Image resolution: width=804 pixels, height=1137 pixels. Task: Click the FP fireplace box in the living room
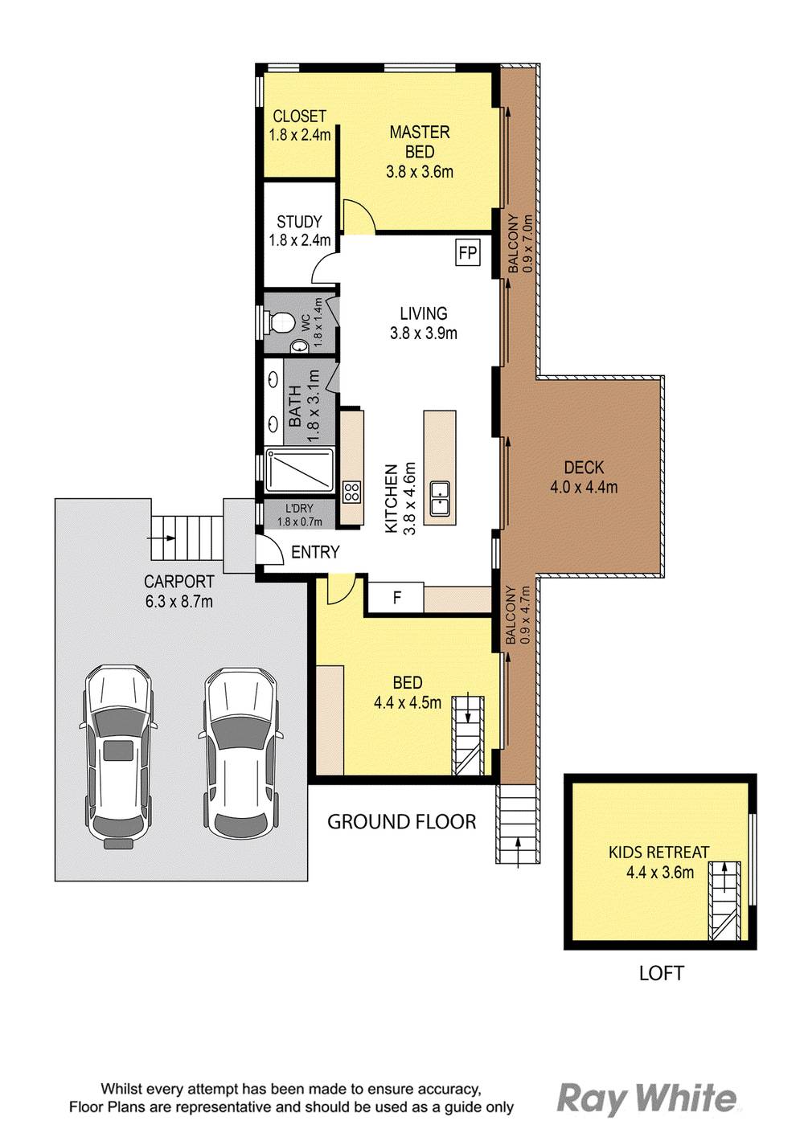click(x=467, y=253)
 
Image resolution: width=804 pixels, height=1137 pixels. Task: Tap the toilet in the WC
click(x=281, y=322)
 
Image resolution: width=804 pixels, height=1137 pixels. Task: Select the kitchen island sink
click(x=440, y=498)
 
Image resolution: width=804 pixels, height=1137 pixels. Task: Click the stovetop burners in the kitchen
click(x=351, y=492)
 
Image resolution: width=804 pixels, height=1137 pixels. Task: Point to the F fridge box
click(x=396, y=598)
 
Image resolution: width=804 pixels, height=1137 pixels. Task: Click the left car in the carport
click(x=118, y=756)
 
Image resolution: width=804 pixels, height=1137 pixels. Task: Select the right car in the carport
click(x=240, y=756)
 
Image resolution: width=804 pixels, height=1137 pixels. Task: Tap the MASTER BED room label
click(x=419, y=142)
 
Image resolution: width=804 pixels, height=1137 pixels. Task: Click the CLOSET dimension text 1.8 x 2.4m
click(x=299, y=136)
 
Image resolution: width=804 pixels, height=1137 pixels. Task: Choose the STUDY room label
click(x=299, y=221)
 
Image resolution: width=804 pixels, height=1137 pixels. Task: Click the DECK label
click(x=584, y=467)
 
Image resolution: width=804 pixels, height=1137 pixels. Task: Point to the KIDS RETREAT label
click(x=658, y=852)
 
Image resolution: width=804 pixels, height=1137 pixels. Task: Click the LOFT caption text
click(x=661, y=973)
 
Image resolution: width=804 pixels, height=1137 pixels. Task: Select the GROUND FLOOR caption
click(x=401, y=821)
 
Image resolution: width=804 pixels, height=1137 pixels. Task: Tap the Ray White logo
click(x=646, y=1098)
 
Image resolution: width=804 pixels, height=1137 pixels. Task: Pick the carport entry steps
click(x=186, y=538)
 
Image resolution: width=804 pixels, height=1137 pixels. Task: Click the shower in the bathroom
click(x=299, y=469)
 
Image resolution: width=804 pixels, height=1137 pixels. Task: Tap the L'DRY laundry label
click(x=299, y=509)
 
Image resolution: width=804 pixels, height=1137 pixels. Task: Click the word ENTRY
click(x=315, y=552)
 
